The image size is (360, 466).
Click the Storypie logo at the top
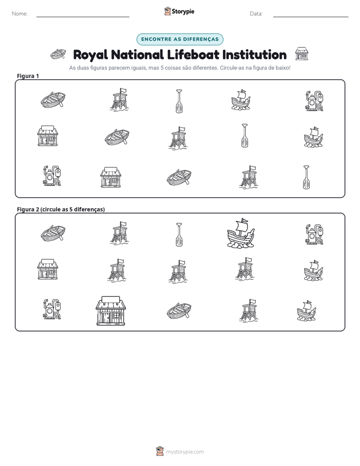tap(179, 11)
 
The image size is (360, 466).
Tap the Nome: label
tap(20, 14)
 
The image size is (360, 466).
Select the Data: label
tap(256, 14)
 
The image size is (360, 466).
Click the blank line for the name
tap(83, 17)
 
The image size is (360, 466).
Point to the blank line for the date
tap(311, 17)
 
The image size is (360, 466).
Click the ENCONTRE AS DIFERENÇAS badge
tap(179, 39)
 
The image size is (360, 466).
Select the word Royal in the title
tap(91, 55)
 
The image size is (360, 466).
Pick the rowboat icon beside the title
tap(58, 54)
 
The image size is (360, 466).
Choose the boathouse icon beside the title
tap(302, 54)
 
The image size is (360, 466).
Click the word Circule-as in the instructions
tap(231, 68)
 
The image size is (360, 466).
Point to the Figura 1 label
tap(28, 76)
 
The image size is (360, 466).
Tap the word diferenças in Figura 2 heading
tap(89, 209)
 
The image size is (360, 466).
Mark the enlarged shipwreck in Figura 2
tap(241, 232)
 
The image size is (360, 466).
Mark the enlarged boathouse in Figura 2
tap(111, 311)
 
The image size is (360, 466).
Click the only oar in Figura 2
tap(179, 235)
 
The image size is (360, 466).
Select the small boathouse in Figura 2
tap(47, 269)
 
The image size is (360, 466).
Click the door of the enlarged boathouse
tap(106, 317)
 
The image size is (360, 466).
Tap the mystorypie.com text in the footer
tap(185, 452)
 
